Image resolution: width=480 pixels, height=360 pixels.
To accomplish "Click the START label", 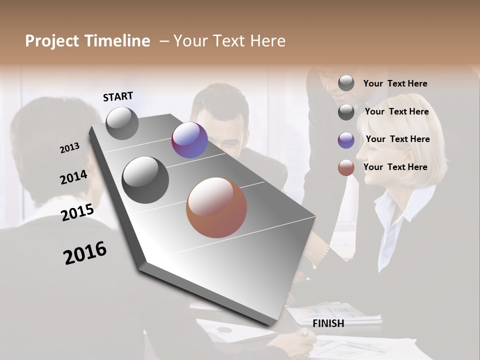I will click(118, 96).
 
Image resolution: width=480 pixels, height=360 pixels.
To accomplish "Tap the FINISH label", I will click(328, 323).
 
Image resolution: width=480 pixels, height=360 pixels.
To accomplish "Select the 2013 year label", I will click(69, 148).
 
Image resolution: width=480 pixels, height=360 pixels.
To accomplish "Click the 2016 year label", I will click(85, 253).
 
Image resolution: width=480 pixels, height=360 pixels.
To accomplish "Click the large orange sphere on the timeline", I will click(216, 207).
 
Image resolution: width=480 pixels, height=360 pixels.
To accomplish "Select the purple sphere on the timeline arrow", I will click(189, 140).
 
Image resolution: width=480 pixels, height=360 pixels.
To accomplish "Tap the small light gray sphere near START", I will click(122, 123).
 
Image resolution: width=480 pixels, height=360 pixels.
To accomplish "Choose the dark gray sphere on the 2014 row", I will click(145, 180).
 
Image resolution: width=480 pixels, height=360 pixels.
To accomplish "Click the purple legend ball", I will click(346, 140).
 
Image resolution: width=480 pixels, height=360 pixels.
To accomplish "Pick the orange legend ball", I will click(346, 168).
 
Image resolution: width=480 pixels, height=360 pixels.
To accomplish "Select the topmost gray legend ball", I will click(346, 83).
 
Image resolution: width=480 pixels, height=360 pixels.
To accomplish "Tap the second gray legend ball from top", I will click(346, 112).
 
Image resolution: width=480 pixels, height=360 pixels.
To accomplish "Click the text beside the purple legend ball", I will click(397, 139).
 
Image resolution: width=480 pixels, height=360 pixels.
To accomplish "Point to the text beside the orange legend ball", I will click(395, 167).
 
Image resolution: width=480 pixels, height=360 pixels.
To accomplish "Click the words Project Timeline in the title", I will click(87, 41).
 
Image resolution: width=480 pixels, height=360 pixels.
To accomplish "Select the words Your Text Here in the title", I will click(229, 41).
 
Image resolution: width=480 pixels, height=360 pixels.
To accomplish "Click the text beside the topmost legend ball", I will click(395, 83).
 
